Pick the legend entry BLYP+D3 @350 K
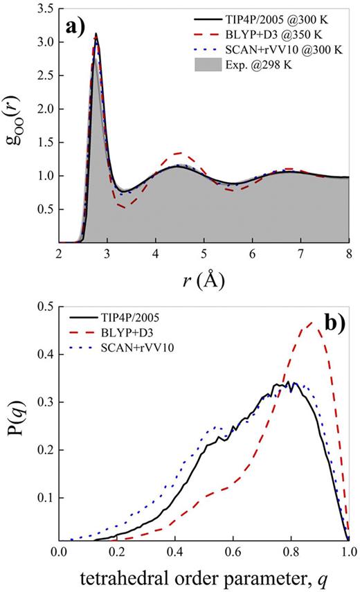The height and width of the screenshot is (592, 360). coord(284,35)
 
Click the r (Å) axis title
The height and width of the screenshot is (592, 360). coord(204,282)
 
